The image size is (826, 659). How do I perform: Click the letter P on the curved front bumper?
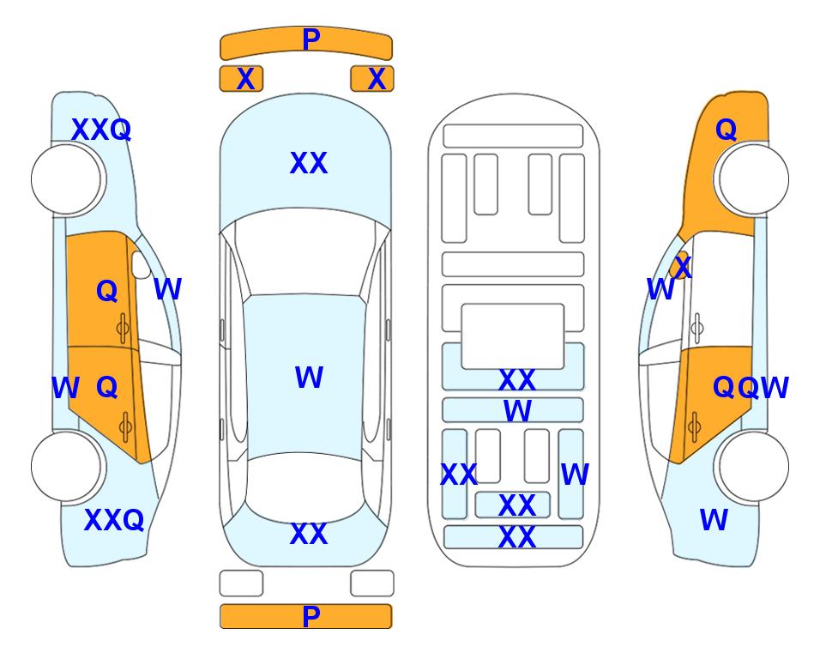click(x=311, y=39)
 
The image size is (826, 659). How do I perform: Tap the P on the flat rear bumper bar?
click(x=311, y=616)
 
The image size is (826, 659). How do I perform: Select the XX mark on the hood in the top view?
click(x=309, y=163)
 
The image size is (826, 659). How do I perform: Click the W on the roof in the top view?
click(x=309, y=378)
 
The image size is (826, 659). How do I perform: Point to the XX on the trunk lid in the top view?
click(x=309, y=534)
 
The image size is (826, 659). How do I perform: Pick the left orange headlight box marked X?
click(x=241, y=79)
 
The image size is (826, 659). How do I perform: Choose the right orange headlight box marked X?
click(x=372, y=79)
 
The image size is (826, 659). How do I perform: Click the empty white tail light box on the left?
click(x=241, y=583)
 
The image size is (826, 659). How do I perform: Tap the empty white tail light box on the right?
click(x=372, y=583)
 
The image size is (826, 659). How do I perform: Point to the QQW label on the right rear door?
click(x=751, y=388)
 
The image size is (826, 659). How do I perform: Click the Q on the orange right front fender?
click(x=726, y=130)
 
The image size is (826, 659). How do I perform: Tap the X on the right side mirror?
click(x=683, y=266)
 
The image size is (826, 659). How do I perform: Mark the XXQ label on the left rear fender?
click(x=114, y=520)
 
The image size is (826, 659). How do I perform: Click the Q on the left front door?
click(x=107, y=291)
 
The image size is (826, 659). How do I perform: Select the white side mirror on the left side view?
click(x=141, y=264)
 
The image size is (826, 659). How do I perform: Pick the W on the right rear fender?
click(x=714, y=520)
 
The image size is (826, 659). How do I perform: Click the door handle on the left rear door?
click(x=125, y=426)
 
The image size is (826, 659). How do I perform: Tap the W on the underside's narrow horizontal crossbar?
click(x=518, y=411)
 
